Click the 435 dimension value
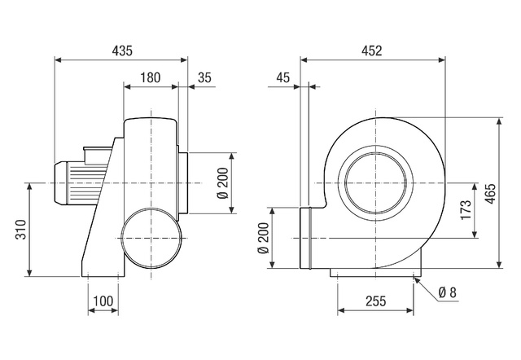[x=122, y=50]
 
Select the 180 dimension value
[x=150, y=77]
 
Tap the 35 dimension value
[x=204, y=77]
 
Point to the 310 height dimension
[x=20, y=230]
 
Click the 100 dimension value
[x=103, y=301]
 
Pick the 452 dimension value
[x=372, y=50]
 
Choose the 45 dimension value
[x=283, y=77]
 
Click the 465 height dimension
[x=490, y=194]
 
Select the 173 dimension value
[x=466, y=209]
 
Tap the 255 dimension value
[x=376, y=301]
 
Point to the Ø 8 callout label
[x=448, y=292]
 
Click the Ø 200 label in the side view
[x=223, y=183]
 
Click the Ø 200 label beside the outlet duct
[x=263, y=238]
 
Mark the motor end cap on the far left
[x=61, y=182]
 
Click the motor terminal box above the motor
[x=97, y=155]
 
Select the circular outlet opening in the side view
[x=151, y=239]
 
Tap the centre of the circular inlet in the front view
[x=376, y=182]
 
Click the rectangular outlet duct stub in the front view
[x=306, y=238]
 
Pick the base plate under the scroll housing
[x=376, y=272]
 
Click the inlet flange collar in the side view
[x=183, y=182]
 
